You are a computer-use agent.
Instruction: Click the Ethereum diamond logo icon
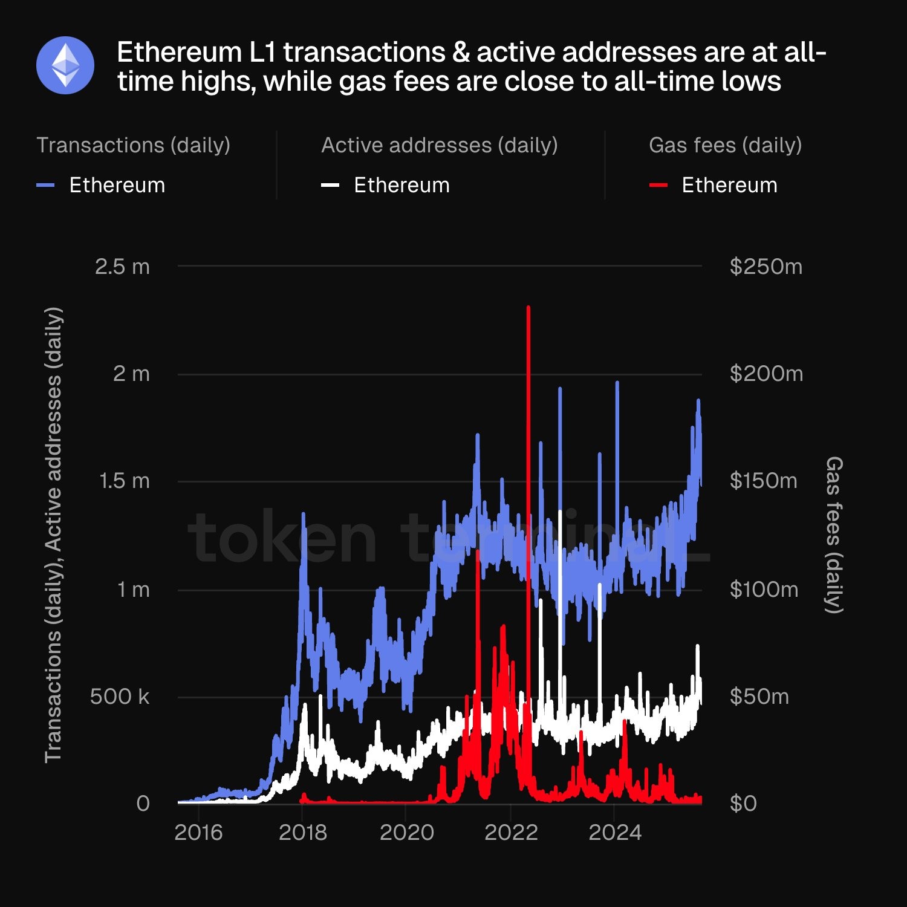click(65, 65)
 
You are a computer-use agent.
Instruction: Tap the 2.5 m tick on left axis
click(122, 267)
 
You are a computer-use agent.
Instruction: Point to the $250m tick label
click(766, 267)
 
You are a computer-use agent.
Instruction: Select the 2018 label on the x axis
click(302, 833)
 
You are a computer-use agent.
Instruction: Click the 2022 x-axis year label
click(511, 833)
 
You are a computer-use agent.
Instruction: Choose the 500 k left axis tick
click(120, 697)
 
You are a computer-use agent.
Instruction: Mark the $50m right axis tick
click(759, 697)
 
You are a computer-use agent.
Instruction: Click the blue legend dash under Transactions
click(46, 185)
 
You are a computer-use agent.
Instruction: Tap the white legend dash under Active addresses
click(330, 185)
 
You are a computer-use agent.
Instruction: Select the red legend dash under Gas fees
click(658, 185)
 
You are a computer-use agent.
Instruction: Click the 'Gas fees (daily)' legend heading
click(725, 145)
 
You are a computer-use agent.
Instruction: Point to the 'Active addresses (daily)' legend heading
click(439, 145)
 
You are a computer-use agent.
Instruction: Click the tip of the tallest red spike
click(528, 308)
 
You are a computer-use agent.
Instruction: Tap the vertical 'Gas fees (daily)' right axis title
click(834, 535)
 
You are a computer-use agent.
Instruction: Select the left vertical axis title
click(53, 535)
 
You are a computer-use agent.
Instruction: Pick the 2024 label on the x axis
click(615, 833)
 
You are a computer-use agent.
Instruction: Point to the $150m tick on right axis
click(763, 481)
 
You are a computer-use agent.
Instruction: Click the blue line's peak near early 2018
click(304, 514)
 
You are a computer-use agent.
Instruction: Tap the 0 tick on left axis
click(143, 804)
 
